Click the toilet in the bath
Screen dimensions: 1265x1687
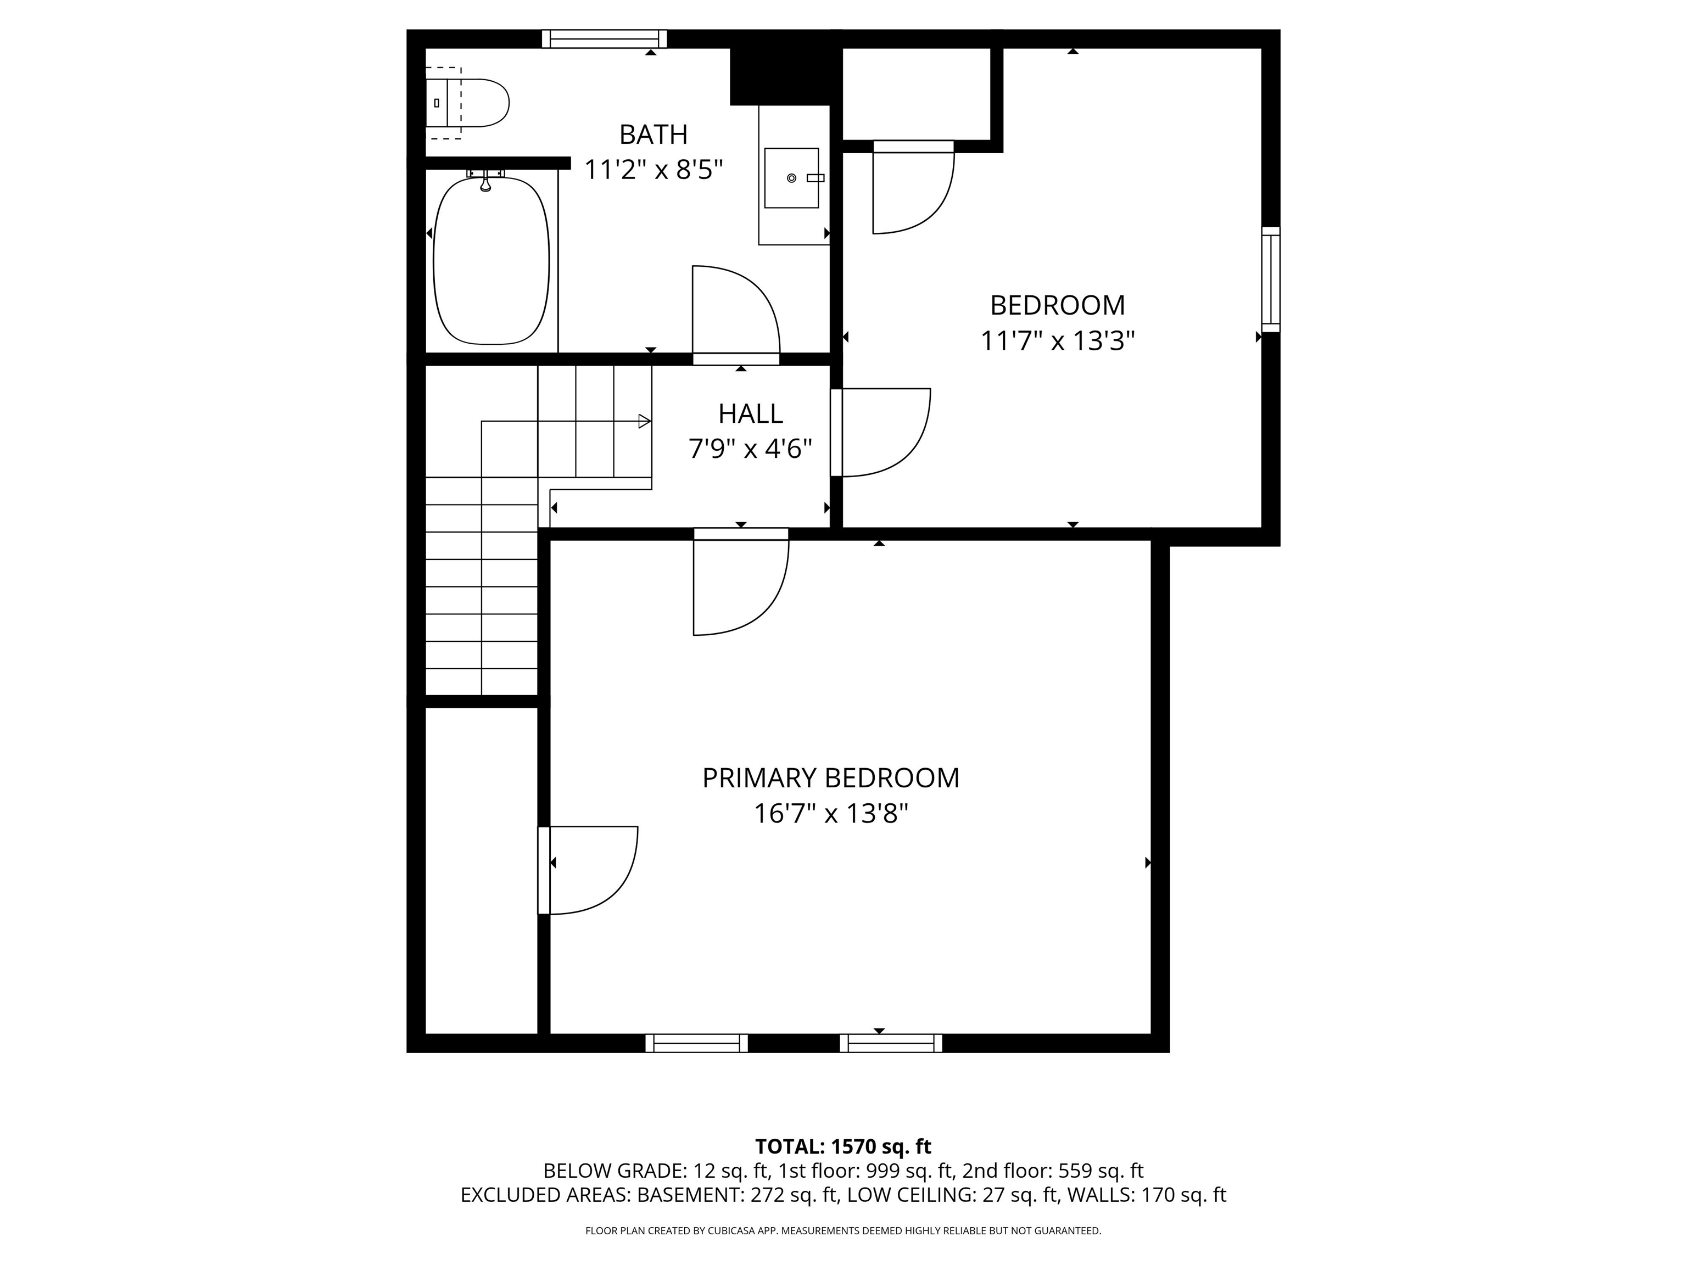coord(477,103)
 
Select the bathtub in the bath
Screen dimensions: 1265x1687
coord(491,261)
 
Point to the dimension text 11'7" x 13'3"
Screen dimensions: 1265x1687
coord(1057,341)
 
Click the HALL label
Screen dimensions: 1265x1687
coord(751,414)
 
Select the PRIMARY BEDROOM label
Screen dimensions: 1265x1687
coord(830,779)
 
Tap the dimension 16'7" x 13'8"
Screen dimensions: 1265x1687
coord(830,814)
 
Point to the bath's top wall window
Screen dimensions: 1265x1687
coord(604,39)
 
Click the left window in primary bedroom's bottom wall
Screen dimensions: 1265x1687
coord(696,1043)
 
